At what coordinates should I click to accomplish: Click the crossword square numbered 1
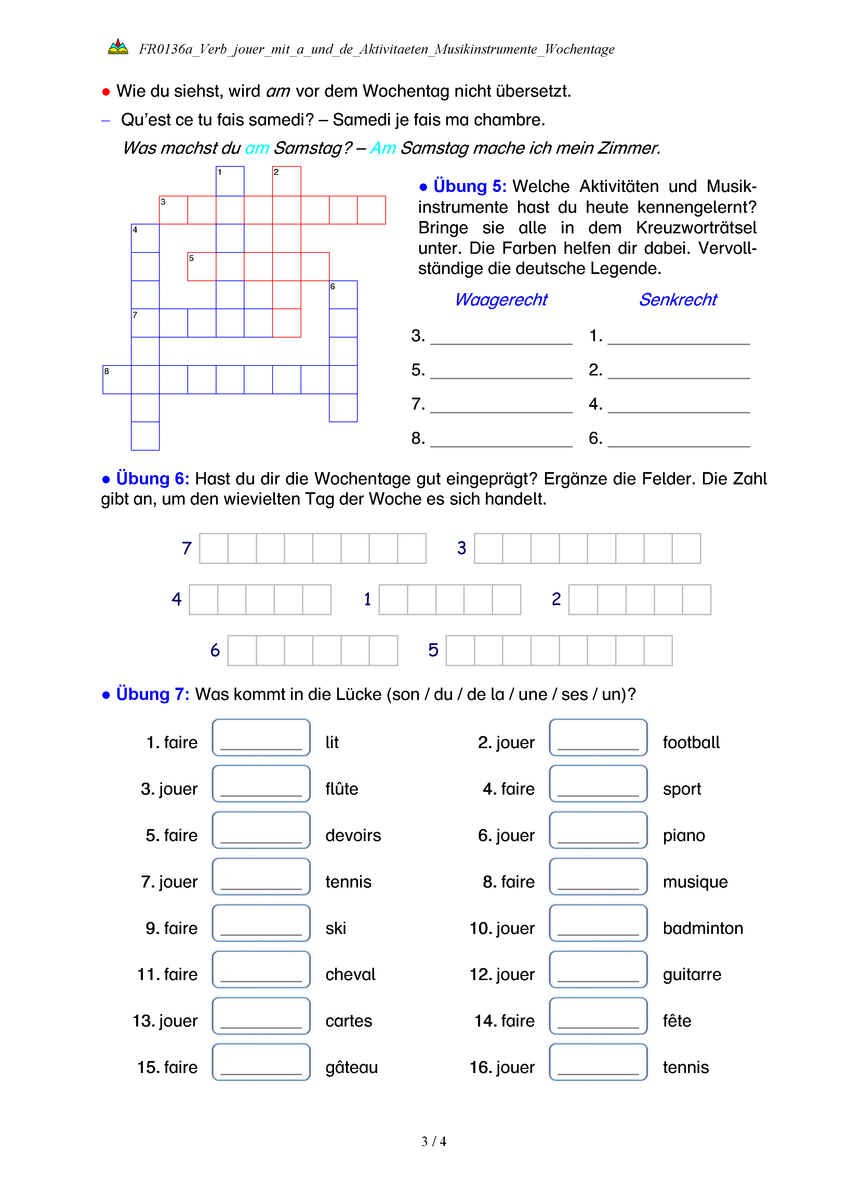coord(230,181)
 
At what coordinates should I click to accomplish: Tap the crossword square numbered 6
coord(343,295)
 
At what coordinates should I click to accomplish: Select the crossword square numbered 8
coord(117,379)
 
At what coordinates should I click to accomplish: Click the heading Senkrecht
coord(678,300)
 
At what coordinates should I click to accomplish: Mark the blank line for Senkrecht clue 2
coord(678,373)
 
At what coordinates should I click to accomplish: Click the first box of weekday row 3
coord(488,548)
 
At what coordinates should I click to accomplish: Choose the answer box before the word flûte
coord(261,784)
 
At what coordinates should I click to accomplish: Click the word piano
coord(684,835)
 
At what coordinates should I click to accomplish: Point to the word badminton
coord(702,928)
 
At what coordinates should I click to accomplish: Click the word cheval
coord(350,975)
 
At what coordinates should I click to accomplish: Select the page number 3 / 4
coord(433,1142)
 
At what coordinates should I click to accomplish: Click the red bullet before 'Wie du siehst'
coord(106,92)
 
